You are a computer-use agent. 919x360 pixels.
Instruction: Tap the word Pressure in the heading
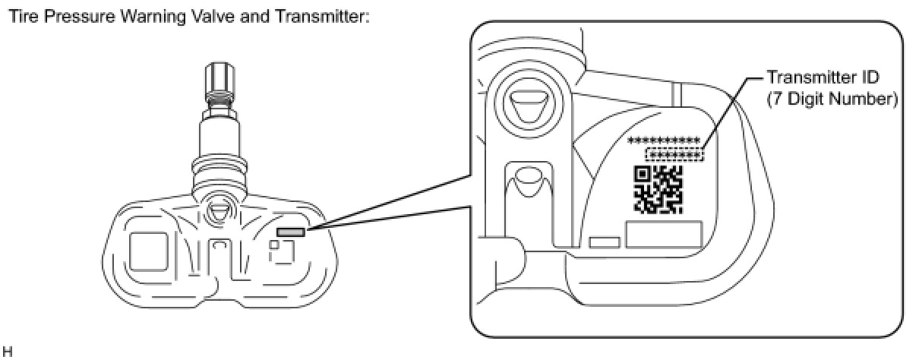(67, 15)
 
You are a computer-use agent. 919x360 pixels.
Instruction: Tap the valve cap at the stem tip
(217, 78)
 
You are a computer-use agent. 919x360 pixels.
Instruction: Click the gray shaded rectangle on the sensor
(292, 232)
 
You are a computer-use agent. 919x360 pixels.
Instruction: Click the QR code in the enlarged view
(658, 188)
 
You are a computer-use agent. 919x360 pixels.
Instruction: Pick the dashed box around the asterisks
(674, 156)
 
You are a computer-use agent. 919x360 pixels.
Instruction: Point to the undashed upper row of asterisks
(664, 141)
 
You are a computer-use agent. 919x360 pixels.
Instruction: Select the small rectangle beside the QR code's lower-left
(604, 242)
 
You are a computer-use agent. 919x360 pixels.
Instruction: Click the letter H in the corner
(6, 351)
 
